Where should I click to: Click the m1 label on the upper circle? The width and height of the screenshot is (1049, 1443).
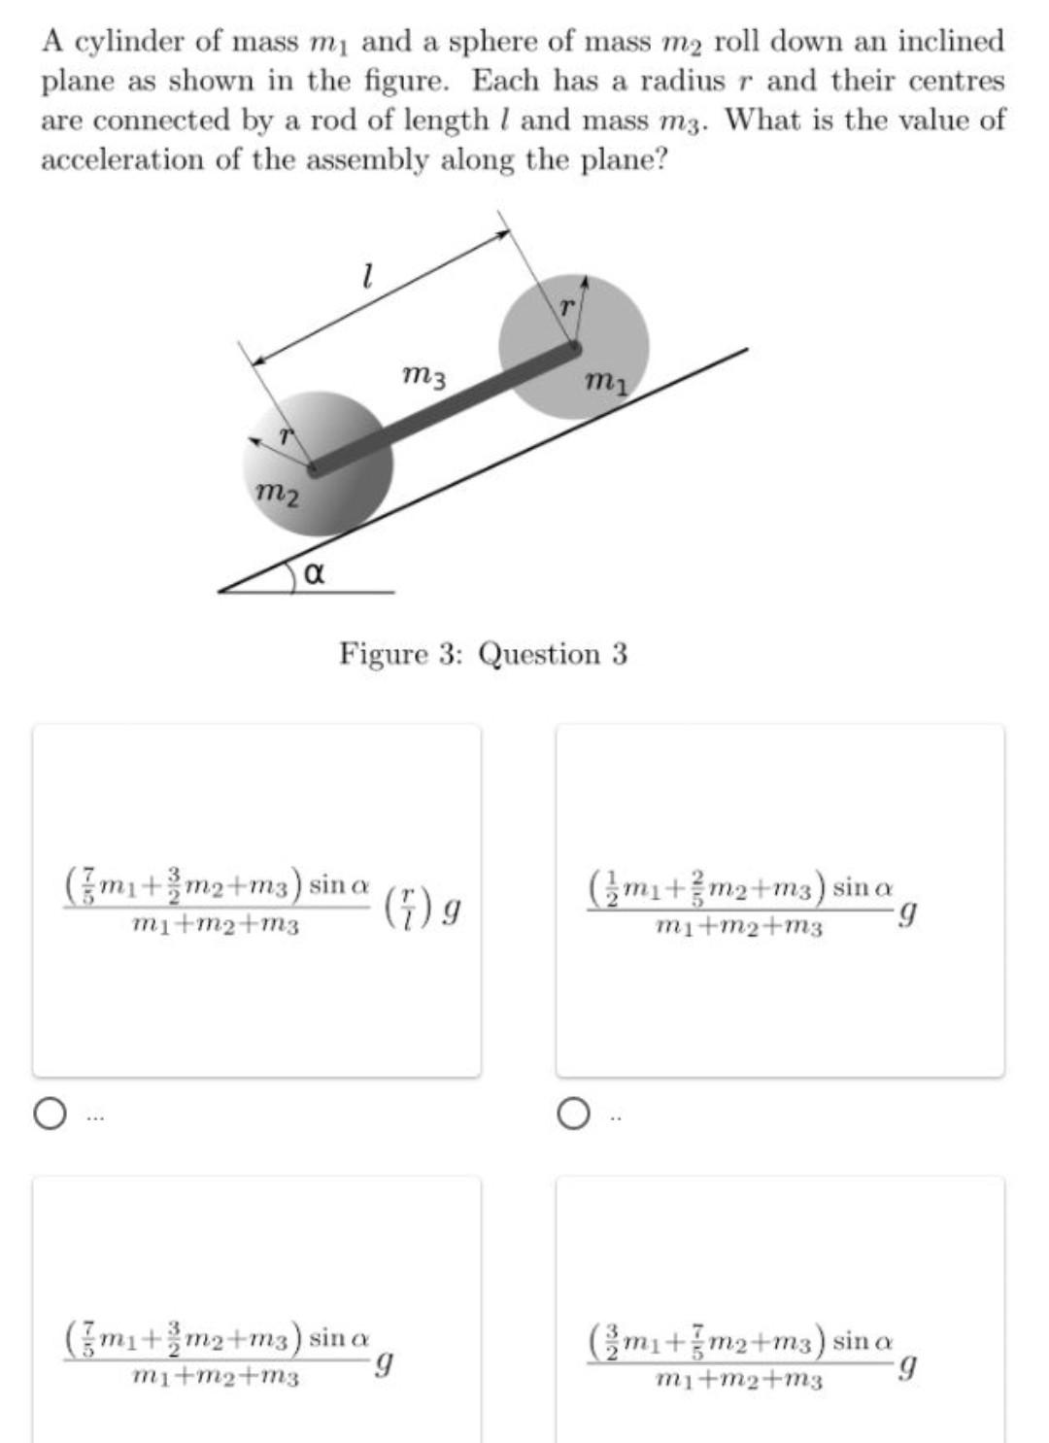[x=607, y=383]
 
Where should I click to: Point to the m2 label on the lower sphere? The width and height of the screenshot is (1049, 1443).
[x=276, y=495]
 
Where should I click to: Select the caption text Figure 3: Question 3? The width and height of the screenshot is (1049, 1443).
[x=483, y=654]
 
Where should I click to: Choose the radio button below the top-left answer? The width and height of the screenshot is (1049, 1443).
[x=49, y=1114]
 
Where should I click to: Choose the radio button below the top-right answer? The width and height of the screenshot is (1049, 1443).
[x=573, y=1114]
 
